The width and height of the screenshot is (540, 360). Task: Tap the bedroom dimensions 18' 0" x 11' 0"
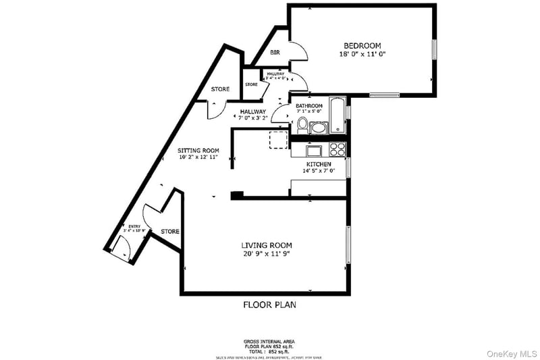pos(362,53)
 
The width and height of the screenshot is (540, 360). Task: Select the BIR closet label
pos(275,53)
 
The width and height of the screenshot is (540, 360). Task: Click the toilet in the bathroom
pos(302,124)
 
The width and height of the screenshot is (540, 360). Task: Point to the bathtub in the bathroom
pos(337,115)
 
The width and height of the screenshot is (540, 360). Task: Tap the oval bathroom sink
pos(319,127)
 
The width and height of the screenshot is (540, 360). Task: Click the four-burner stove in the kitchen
pos(337,150)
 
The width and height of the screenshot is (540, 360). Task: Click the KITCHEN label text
pos(319,164)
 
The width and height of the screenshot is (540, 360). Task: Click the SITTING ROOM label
pos(199,150)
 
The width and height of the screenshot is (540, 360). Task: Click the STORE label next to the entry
pos(170,232)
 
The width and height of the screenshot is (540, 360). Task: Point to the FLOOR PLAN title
pos(269,305)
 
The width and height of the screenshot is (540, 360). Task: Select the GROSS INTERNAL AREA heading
pos(269,342)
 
